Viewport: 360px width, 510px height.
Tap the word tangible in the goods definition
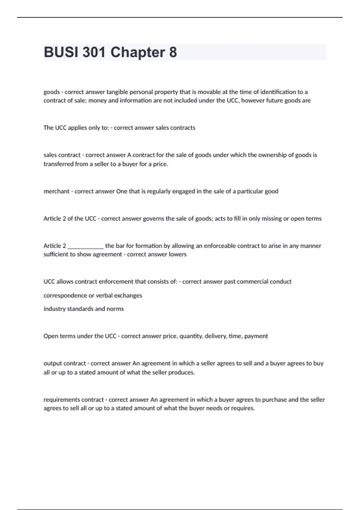tap(117, 92)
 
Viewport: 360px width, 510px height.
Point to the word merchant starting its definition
tap(56, 191)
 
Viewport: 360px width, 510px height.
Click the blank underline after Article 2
tap(85, 246)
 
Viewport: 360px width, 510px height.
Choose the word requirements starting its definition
tap(61, 400)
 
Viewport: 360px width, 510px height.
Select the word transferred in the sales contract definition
tap(58, 164)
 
